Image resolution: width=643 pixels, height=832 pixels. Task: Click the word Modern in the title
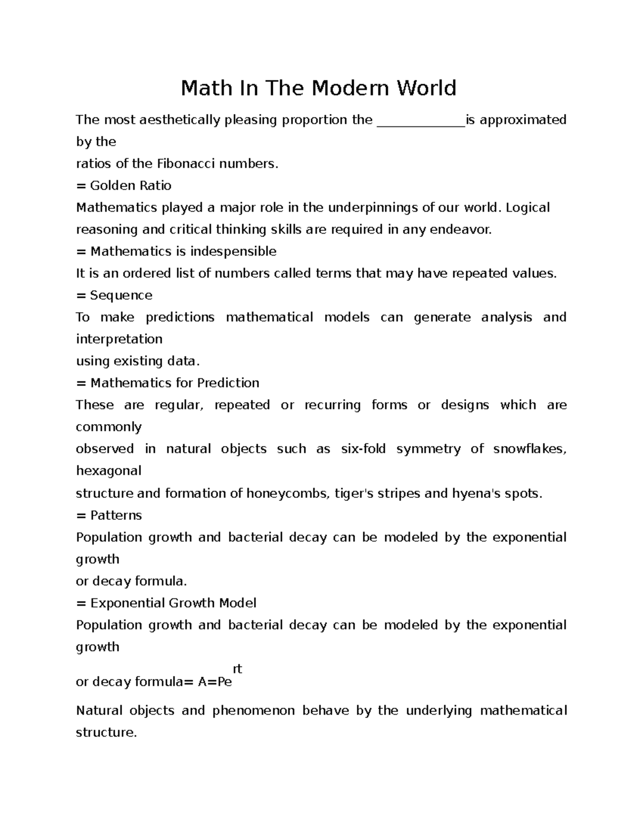tap(350, 88)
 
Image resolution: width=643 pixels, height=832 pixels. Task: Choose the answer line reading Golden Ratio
tap(130, 186)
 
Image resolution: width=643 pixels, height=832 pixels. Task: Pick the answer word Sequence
tap(121, 296)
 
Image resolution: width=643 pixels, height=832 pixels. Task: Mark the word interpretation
tap(119, 340)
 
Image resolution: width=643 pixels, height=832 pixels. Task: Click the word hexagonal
tap(108, 471)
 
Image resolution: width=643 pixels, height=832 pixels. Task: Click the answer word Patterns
tap(116, 515)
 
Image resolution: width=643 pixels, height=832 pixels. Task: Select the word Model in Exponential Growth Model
tap(237, 603)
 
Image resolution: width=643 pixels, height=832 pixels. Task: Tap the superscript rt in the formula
tap(237, 669)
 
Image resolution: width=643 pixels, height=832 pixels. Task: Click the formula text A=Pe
tap(215, 682)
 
